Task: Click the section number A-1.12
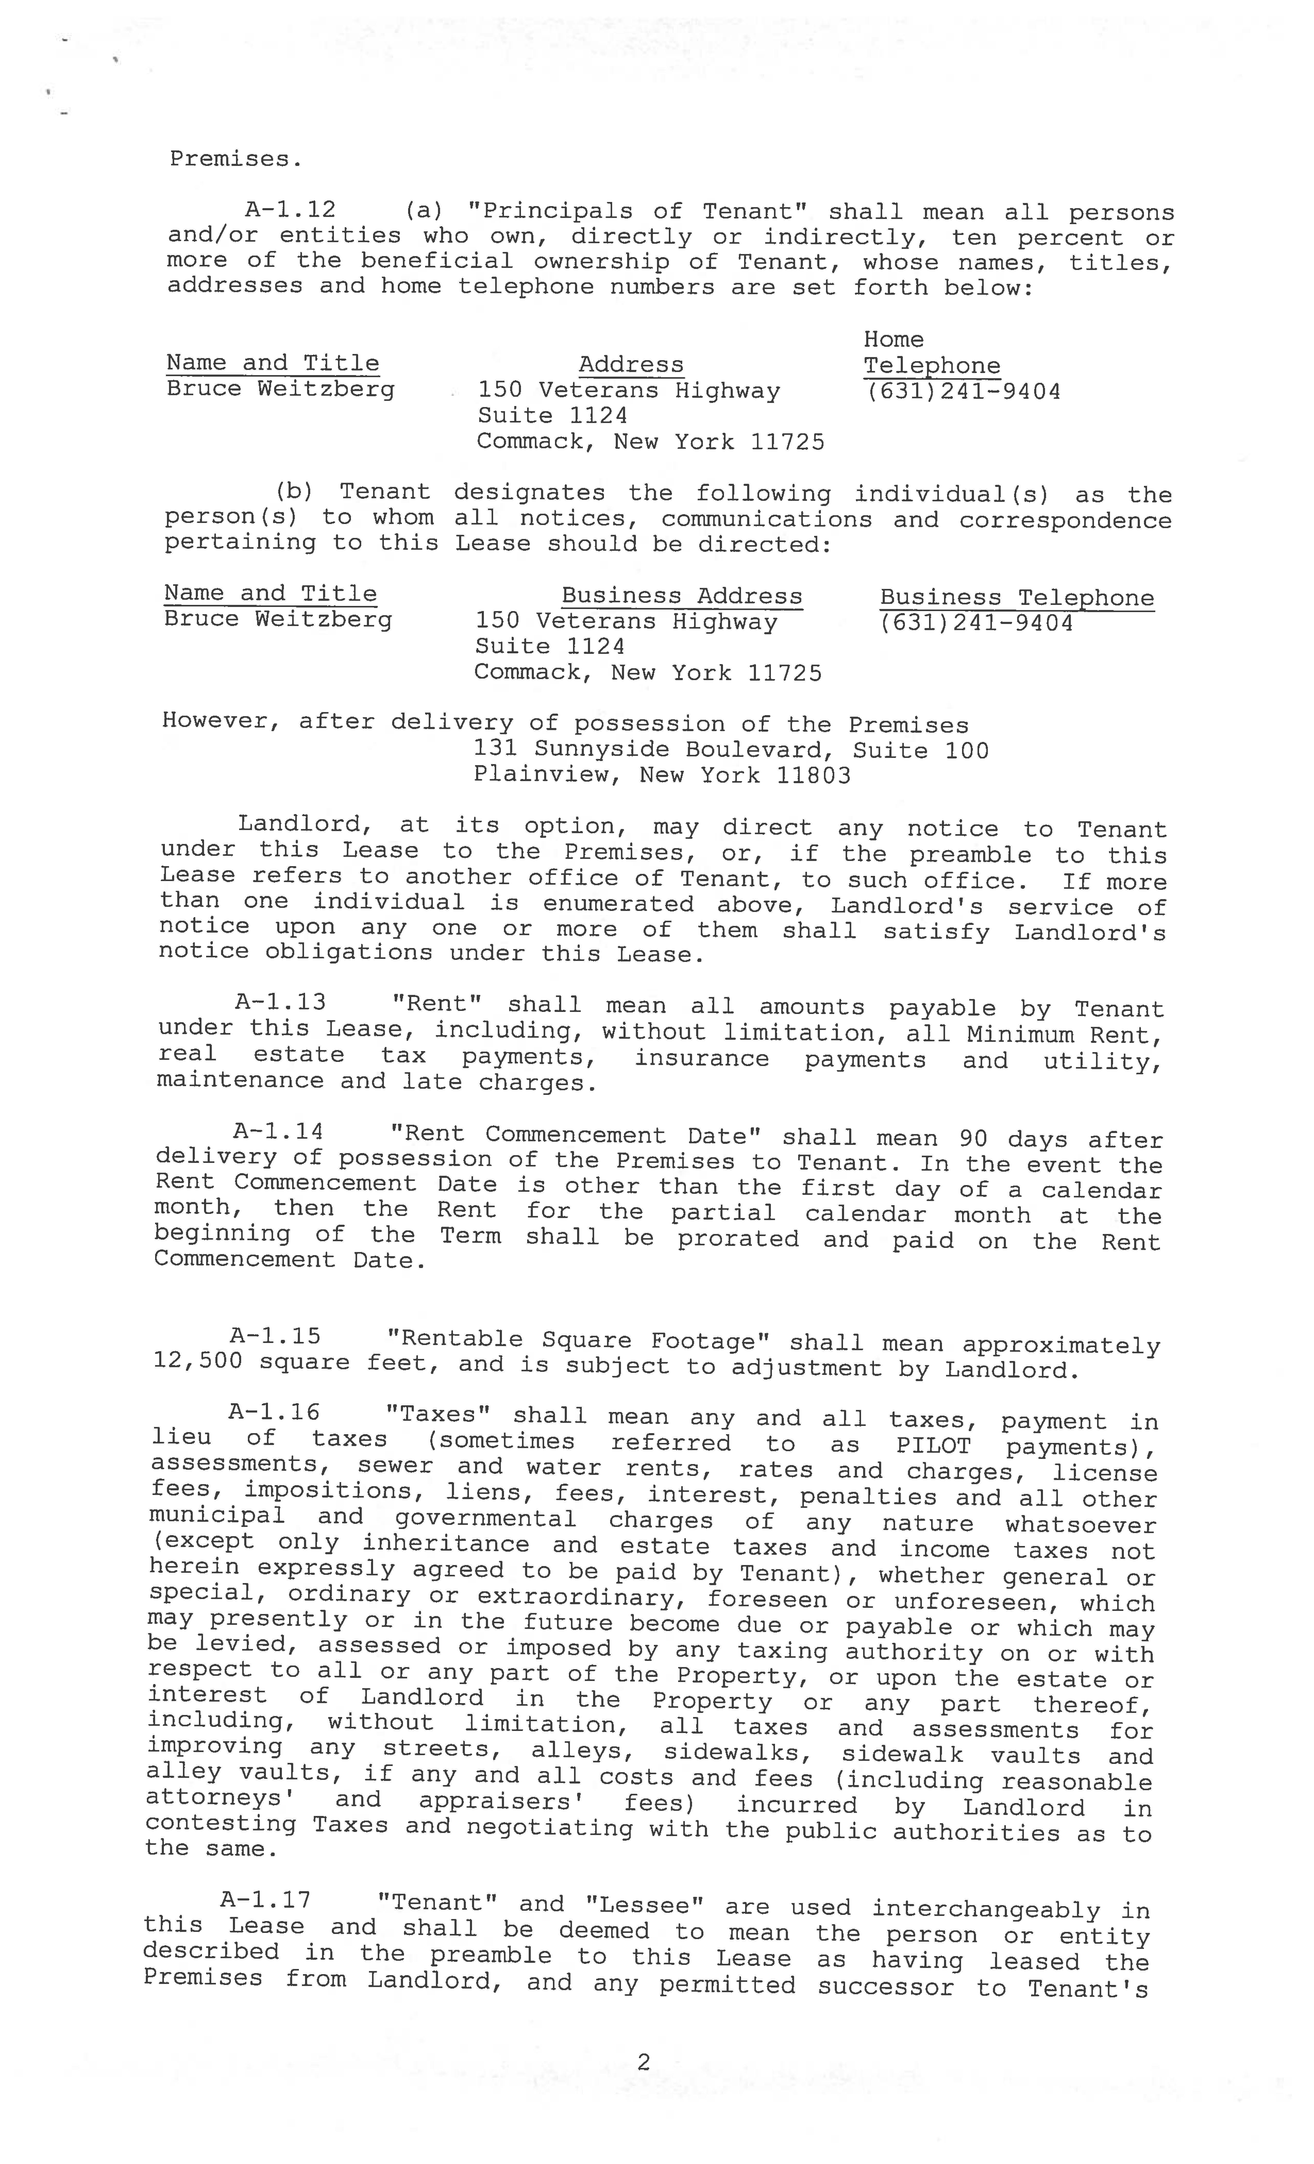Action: (290, 210)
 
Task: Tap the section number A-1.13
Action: (279, 1002)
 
